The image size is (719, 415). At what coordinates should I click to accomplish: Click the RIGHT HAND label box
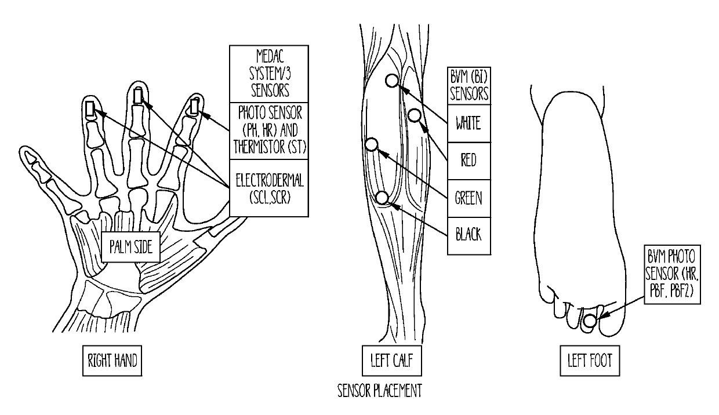(x=112, y=361)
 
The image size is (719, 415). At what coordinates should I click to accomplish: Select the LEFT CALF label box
(x=387, y=361)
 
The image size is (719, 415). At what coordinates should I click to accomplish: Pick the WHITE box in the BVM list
(x=469, y=123)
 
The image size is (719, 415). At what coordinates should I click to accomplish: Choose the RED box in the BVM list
(x=469, y=160)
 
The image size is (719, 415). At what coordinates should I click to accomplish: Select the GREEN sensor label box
(x=469, y=198)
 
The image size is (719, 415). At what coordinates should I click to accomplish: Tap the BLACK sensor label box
(x=469, y=235)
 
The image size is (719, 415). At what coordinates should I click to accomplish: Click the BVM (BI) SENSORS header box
(x=469, y=86)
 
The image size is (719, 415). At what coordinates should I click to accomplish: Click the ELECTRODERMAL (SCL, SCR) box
(x=268, y=187)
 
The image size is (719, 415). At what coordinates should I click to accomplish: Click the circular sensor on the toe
(x=590, y=320)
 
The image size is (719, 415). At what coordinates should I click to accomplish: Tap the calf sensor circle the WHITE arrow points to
(x=392, y=81)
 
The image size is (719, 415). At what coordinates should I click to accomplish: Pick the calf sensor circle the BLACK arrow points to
(x=382, y=198)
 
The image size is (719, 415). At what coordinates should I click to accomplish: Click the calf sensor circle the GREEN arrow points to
(x=372, y=144)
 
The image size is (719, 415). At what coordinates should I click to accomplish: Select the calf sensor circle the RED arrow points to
(x=414, y=115)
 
